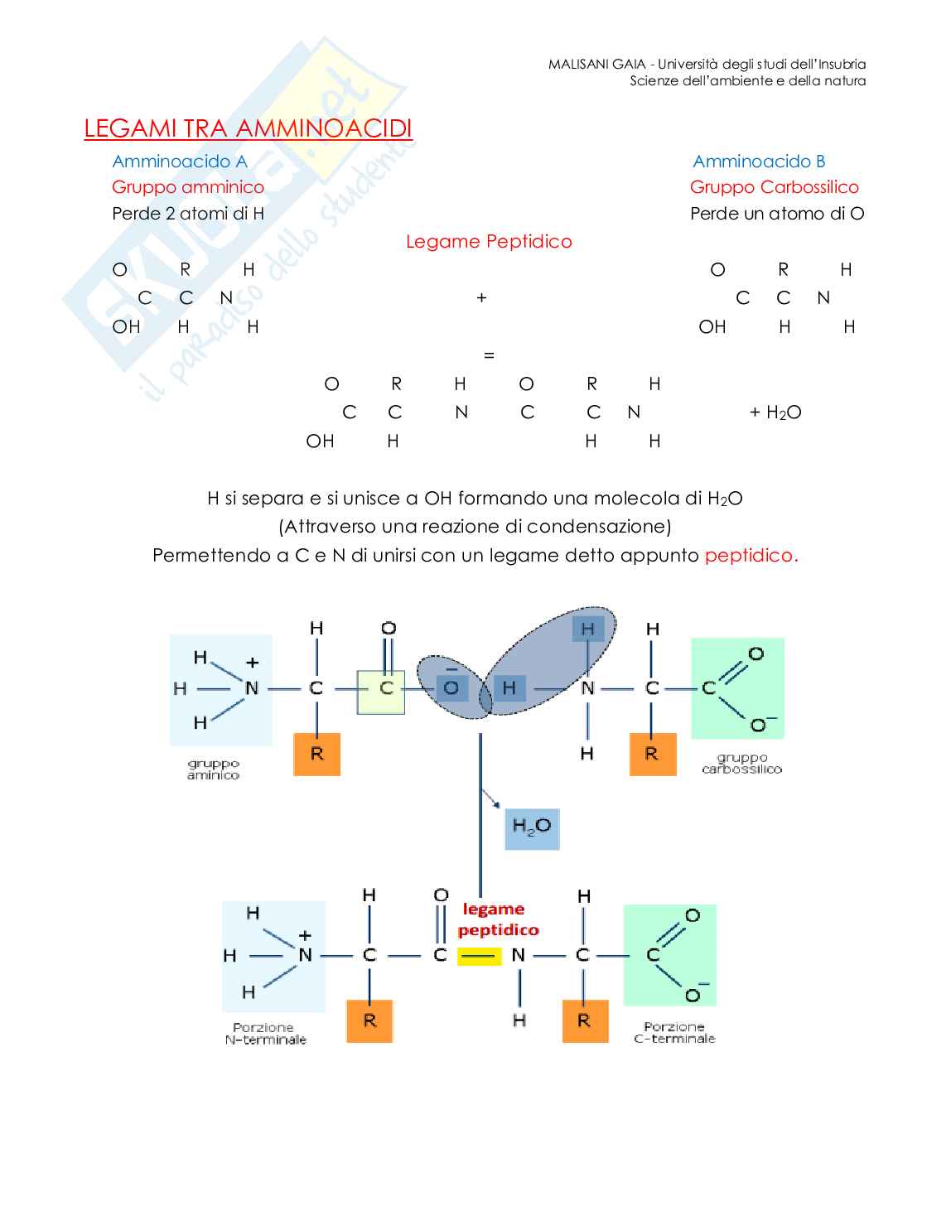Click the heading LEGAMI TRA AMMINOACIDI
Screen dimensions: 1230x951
(x=249, y=128)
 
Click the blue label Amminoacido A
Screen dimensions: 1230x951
(x=180, y=162)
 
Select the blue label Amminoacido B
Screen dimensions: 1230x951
(x=759, y=162)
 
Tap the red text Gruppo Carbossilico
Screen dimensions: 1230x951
(x=774, y=187)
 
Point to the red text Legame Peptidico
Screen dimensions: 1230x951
(x=489, y=242)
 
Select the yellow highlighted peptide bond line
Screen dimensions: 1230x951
(x=480, y=956)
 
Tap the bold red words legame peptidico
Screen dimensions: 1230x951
(x=497, y=919)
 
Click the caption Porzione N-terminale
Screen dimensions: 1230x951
(x=265, y=1034)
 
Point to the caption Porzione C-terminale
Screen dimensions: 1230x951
(x=673, y=1033)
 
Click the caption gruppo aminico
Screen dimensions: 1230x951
(x=213, y=769)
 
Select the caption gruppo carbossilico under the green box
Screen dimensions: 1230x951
(x=741, y=763)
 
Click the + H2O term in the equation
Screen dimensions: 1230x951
(x=775, y=412)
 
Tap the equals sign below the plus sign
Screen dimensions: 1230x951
(x=489, y=355)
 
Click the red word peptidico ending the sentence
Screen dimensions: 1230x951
(x=751, y=556)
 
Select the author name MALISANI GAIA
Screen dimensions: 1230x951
(x=596, y=65)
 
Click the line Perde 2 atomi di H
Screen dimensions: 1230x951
(x=188, y=214)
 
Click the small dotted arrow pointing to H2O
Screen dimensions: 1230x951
(x=491, y=798)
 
